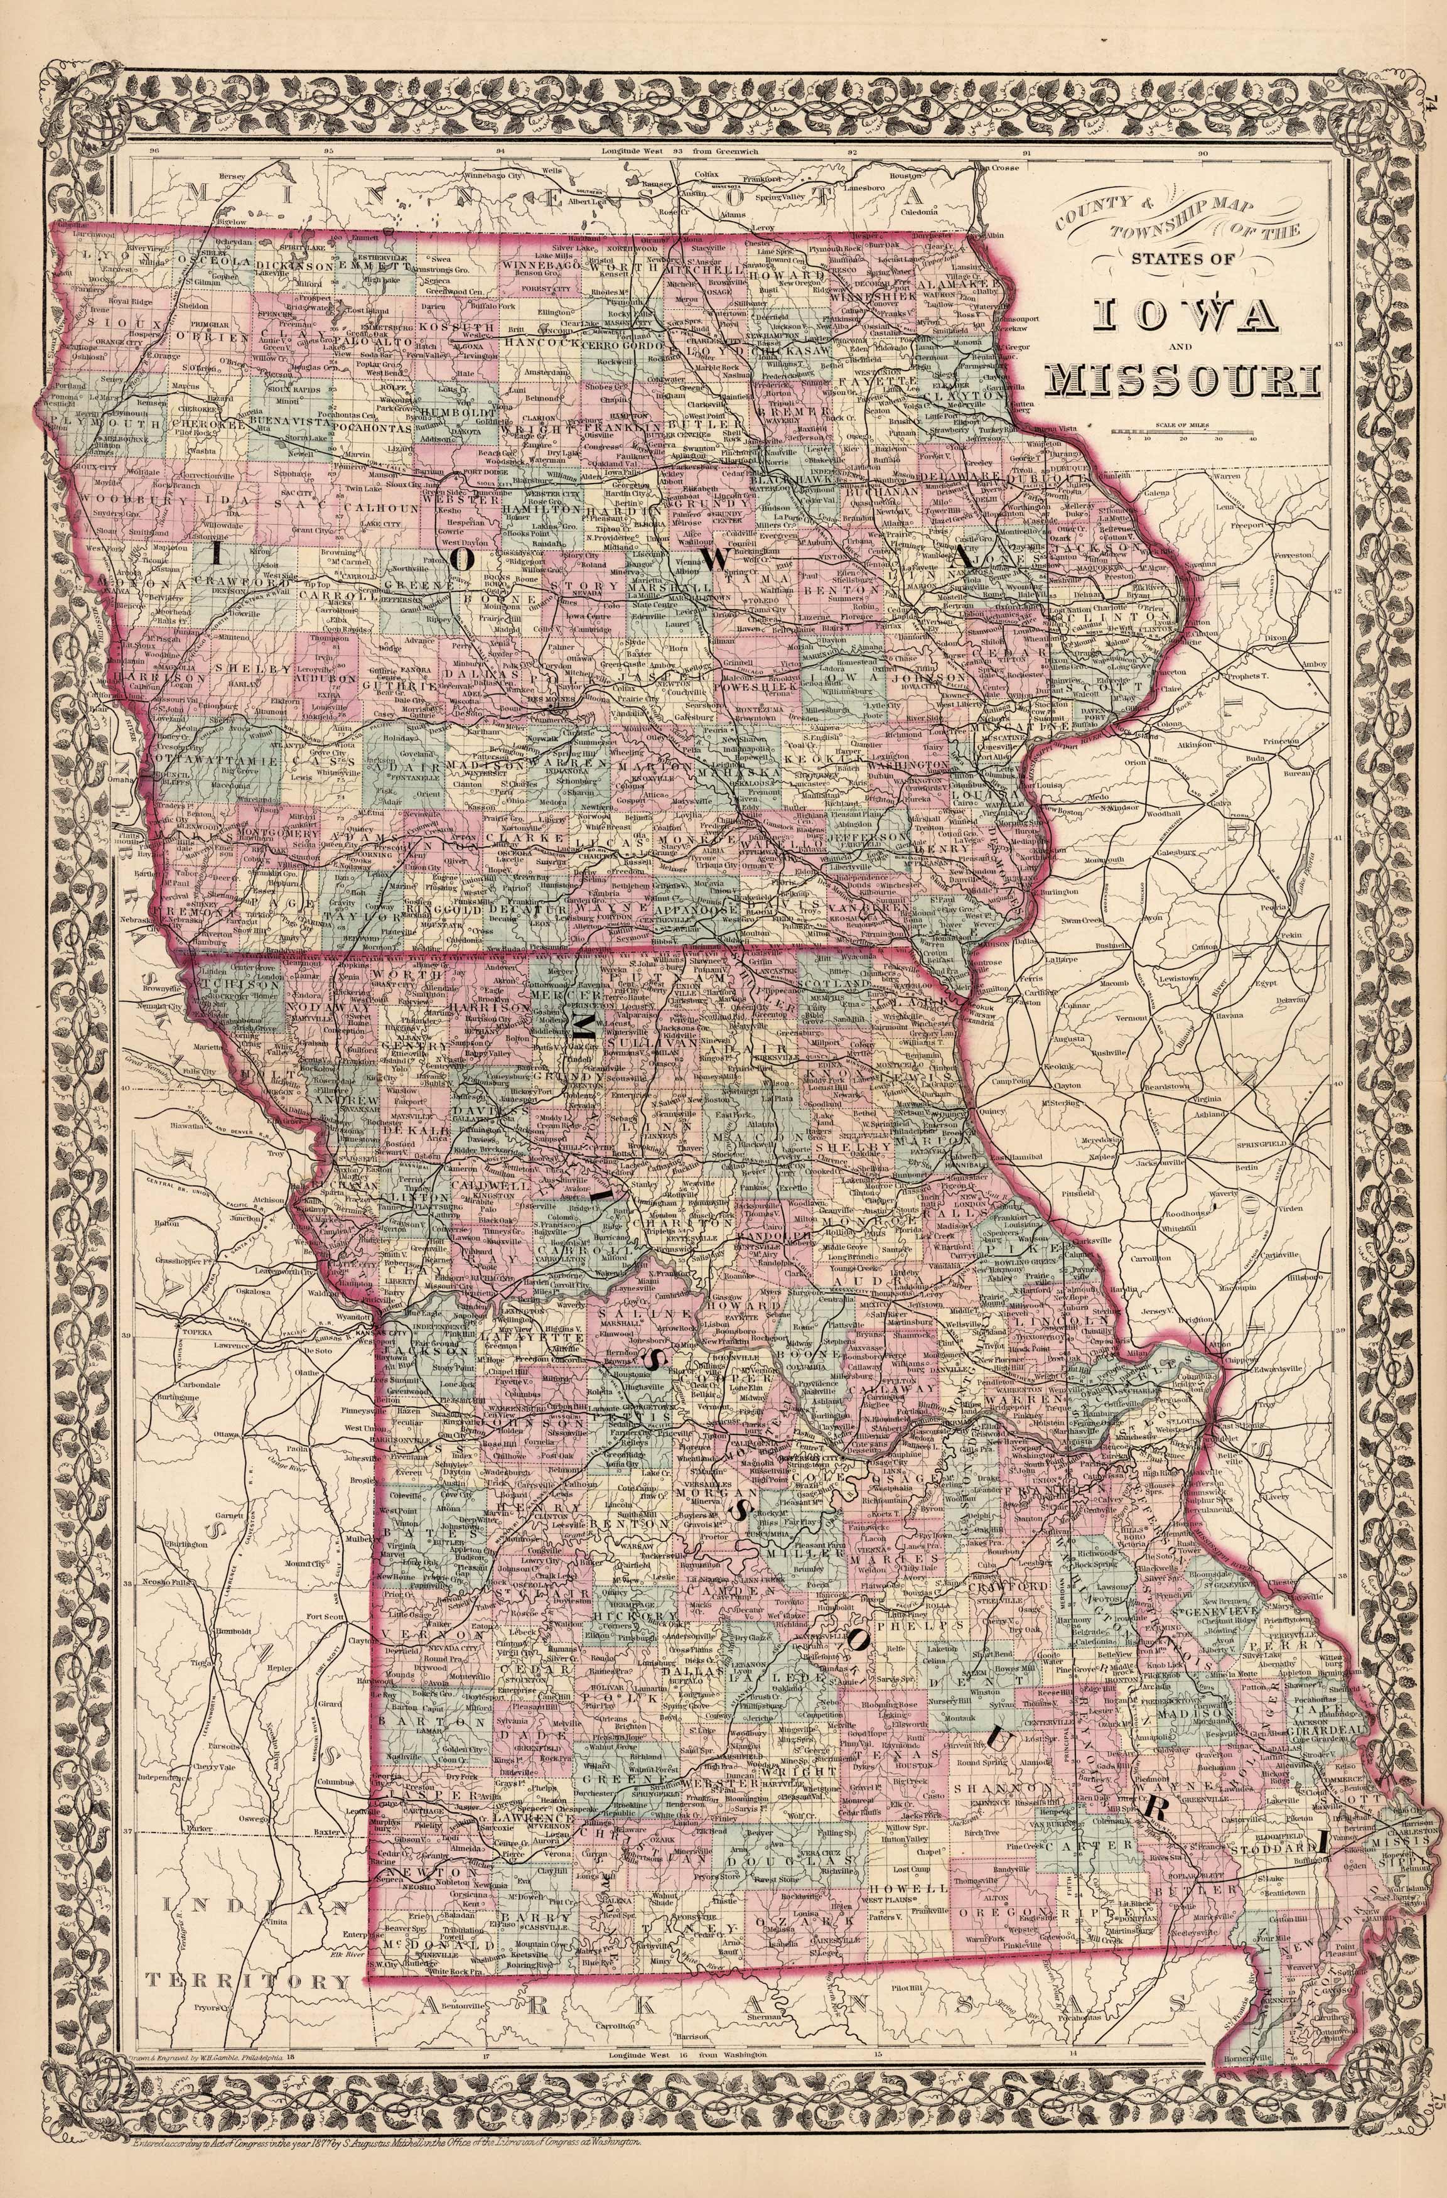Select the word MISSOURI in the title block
[x=1186, y=379]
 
